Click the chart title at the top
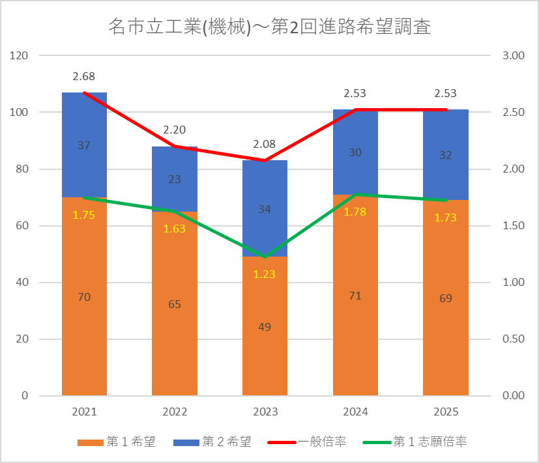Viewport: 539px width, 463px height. coord(270,27)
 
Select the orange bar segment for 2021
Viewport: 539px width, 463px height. coord(84,296)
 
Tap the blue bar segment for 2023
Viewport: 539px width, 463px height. coord(265,208)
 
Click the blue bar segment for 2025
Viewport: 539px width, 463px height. coord(446,154)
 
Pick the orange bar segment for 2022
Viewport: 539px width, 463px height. coord(175,303)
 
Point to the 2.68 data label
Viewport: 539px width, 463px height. coord(83,76)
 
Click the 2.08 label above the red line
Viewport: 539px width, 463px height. coord(265,144)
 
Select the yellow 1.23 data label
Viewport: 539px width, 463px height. coord(265,274)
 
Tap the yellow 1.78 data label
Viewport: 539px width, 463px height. coord(355,212)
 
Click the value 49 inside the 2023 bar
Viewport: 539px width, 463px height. coord(265,327)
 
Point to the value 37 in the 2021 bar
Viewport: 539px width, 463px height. coord(84,145)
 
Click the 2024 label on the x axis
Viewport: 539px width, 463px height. coord(355,412)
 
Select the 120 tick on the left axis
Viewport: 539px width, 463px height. coord(19,55)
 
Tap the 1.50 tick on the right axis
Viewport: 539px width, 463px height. coord(514,226)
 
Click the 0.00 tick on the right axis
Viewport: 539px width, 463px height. coord(514,395)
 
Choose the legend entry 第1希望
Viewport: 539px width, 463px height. coord(117,442)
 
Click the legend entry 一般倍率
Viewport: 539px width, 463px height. coord(306,442)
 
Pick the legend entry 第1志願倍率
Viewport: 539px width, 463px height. coord(415,442)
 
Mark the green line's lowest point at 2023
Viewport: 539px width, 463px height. coord(265,257)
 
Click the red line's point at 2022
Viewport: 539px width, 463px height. coord(175,147)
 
